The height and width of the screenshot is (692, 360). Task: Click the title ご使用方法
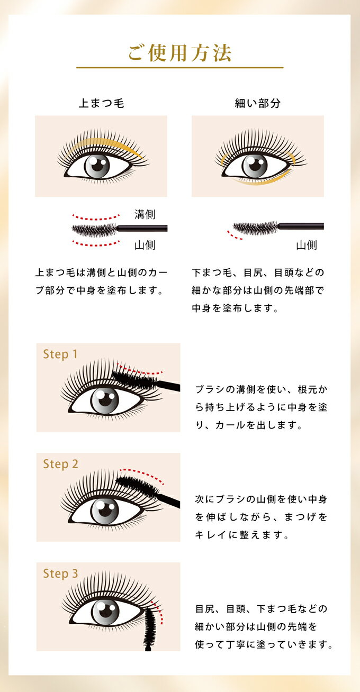coord(180,53)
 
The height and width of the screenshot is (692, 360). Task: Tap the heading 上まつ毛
coord(101,103)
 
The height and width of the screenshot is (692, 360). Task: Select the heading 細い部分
coord(258,103)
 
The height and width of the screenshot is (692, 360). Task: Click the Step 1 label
coord(60,354)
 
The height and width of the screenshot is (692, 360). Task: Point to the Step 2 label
coord(60,464)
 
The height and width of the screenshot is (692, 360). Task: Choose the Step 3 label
coord(60,573)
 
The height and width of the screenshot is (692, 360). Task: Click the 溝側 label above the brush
coord(145,214)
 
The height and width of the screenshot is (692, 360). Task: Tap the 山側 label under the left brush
coord(145,245)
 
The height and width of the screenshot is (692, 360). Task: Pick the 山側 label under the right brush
coord(307,245)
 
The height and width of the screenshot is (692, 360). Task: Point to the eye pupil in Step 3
coord(105,613)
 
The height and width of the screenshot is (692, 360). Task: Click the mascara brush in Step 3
coord(150,627)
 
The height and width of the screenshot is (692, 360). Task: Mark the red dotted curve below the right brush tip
coord(233,235)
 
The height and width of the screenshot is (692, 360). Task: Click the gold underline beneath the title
coord(180,67)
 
